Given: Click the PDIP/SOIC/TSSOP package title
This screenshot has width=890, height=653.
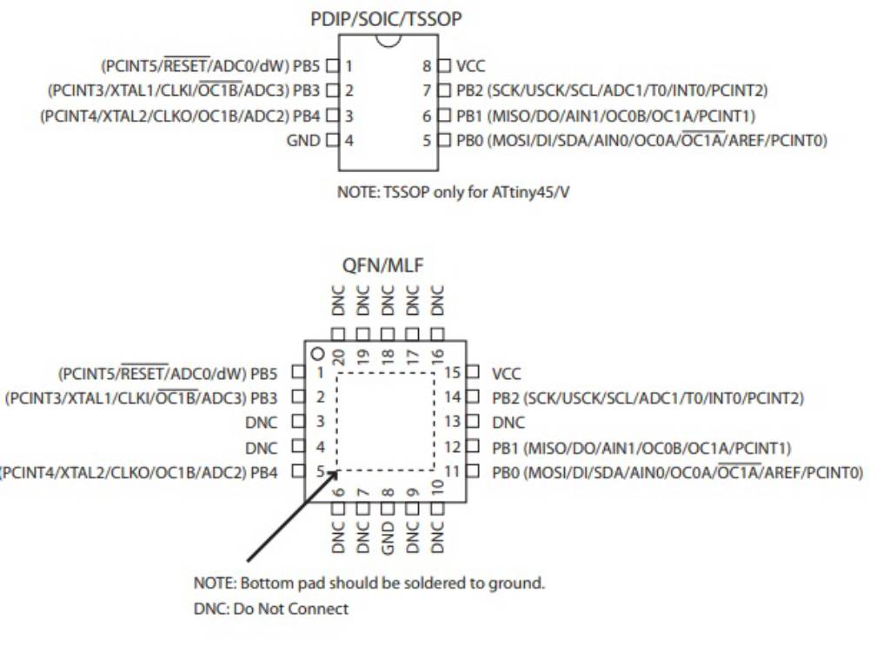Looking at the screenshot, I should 386,18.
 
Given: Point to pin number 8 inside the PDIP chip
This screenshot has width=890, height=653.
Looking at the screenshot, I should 428,65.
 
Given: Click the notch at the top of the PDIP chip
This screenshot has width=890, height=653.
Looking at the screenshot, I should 389,40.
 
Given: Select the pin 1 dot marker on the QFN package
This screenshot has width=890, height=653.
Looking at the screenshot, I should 318,354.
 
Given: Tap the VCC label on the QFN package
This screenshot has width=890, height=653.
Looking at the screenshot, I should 506,374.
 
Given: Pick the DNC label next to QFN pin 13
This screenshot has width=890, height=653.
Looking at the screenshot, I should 508,423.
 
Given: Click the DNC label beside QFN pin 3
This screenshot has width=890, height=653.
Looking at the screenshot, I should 262,423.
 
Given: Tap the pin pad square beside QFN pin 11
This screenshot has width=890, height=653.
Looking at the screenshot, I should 474,472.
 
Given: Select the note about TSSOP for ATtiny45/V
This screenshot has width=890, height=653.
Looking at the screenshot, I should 453,192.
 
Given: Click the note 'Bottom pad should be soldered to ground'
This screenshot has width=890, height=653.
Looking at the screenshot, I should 369,583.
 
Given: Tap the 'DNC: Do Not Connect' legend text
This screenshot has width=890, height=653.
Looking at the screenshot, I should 270,609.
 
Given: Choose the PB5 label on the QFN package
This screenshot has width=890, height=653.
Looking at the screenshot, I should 264,374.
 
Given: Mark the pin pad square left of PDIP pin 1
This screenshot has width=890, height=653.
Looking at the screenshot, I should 331,65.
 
